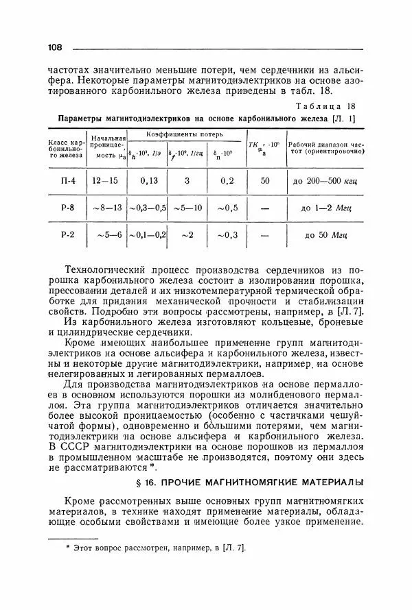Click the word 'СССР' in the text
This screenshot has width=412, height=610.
(78, 447)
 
